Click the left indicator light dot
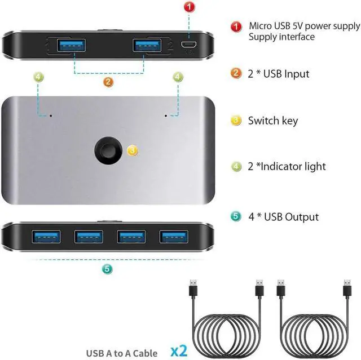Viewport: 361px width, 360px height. [x=51, y=115]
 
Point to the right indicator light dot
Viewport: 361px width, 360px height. [x=165, y=115]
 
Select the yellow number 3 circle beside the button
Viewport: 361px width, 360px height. [x=132, y=150]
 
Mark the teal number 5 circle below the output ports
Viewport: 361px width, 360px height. [x=107, y=269]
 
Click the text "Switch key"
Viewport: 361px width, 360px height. [x=272, y=121]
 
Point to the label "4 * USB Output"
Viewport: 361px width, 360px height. [x=283, y=217]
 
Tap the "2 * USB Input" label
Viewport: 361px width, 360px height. [x=279, y=74]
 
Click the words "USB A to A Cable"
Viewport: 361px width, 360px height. [x=122, y=353]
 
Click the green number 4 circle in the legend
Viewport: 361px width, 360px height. [x=237, y=167]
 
